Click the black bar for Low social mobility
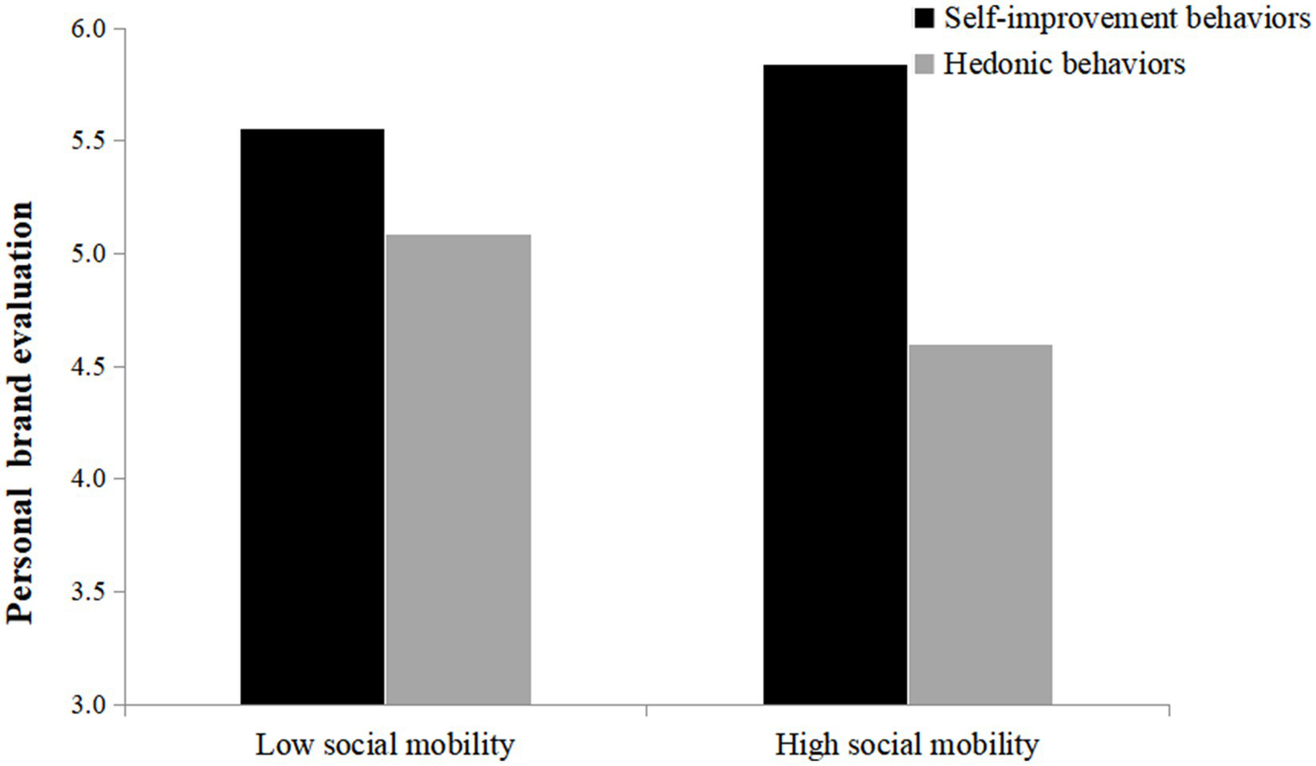(312, 417)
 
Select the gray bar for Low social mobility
(458, 469)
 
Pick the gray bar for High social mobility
(980, 524)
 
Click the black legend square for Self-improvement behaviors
(924, 18)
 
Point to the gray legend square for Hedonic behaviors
(924, 64)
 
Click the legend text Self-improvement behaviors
(1127, 18)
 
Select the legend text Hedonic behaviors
(1064, 64)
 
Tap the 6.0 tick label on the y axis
(87, 29)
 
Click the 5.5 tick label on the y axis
(87, 142)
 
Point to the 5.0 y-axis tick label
(87, 255)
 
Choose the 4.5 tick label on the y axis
(87, 367)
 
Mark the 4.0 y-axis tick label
(87, 480)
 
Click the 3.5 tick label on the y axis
(87, 593)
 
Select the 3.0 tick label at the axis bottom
(87, 705)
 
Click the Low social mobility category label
(385, 745)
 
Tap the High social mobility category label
(906, 745)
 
